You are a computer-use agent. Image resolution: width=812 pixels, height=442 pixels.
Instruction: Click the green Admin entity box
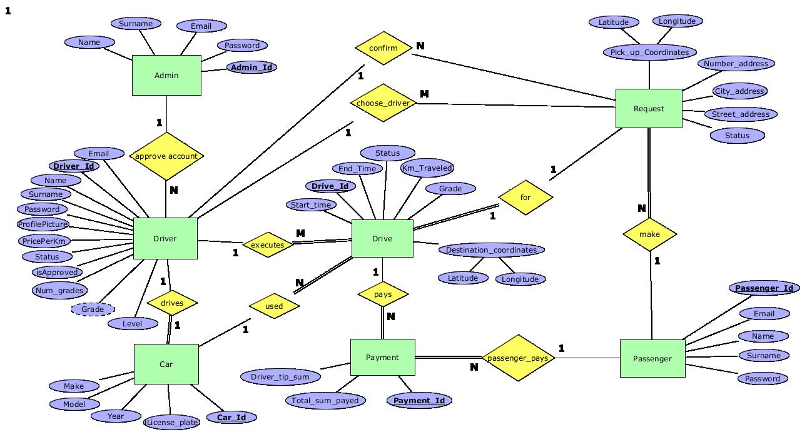pyautogui.click(x=166, y=76)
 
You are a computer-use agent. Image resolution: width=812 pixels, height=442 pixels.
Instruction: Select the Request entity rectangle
pyautogui.click(x=649, y=109)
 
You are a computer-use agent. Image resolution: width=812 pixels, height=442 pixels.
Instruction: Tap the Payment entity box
pyautogui.click(x=382, y=358)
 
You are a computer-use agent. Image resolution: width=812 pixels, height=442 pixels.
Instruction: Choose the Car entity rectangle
pyautogui.click(x=166, y=364)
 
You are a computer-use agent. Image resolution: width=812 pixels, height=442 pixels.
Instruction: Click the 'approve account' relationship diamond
pyautogui.click(x=166, y=156)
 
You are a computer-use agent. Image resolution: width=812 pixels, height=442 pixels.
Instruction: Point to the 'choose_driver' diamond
pyautogui.click(x=383, y=103)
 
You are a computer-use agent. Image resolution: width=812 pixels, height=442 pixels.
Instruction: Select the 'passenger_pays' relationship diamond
pyautogui.click(x=518, y=358)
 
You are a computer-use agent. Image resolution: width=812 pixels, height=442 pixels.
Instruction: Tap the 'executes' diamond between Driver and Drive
pyautogui.click(x=268, y=245)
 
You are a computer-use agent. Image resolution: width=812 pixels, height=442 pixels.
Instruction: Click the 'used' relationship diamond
pyautogui.click(x=274, y=306)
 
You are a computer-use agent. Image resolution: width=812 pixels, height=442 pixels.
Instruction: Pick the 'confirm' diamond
pyautogui.click(x=383, y=48)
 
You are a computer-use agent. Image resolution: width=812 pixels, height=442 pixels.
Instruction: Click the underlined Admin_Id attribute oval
pyautogui.click(x=251, y=67)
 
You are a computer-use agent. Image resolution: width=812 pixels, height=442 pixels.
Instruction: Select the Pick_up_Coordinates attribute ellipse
pyautogui.click(x=649, y=53)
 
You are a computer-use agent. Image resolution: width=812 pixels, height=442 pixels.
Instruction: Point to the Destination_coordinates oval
pyautogui.click(x=491, y=250)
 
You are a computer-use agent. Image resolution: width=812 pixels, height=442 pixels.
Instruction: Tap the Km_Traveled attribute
pyautogui.click(x=427, y=168)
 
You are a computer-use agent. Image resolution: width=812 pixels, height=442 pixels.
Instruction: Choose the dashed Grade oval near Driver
pyautogui.click(x=93, y=309)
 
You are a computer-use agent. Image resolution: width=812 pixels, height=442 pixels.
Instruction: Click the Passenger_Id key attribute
pyautogui.click(x=764, y=288)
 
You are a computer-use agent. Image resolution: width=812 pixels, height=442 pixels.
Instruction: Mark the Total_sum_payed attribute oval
pyautogui.click(x=325, y=401)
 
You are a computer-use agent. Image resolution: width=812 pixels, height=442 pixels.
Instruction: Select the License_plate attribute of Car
pyautogui.click(x=172, y=423)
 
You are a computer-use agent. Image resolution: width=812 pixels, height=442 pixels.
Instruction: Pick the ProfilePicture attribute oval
pyautogui.click(x=43, y=224)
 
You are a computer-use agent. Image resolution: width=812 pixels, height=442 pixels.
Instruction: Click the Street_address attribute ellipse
pyautogui.click(x=741, y=114)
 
